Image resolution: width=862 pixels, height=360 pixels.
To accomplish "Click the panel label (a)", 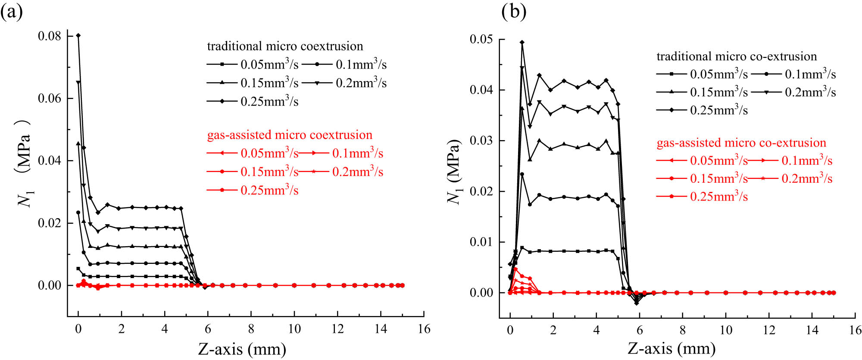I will click(12, 12).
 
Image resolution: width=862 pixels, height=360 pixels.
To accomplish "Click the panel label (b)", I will click(514, 12).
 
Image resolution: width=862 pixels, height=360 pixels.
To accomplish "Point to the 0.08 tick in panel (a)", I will click(49, 36).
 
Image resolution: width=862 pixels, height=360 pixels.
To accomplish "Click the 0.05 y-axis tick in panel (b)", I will click(481, 39).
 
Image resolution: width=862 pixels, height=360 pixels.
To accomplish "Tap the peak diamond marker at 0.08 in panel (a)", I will click(78, 35).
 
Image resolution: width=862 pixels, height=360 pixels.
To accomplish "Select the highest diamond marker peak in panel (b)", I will click(522, 42).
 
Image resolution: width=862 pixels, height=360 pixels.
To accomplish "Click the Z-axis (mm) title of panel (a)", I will click(242, 349).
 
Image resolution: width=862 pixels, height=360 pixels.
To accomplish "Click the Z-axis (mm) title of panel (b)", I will click(671, 348).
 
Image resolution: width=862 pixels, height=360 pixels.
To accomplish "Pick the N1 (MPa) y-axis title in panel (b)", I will click(453, 171).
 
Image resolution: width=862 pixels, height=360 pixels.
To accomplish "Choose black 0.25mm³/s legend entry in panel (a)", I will click(253, 102).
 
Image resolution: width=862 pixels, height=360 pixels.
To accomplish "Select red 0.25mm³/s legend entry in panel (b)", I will click(703, 197).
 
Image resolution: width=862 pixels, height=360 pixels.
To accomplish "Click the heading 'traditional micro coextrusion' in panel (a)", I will click(285, 46).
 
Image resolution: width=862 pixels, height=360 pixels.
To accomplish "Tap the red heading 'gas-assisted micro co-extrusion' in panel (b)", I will click(741, 143).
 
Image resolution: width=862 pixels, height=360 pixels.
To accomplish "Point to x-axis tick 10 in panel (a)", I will click(294, 329).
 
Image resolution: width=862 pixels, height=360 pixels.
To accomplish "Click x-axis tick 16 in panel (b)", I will click(855, 330).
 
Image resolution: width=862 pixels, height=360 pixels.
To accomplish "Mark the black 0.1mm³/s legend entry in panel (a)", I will click(344, 65).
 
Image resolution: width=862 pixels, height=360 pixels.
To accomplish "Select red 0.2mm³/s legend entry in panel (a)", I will click(341, 172).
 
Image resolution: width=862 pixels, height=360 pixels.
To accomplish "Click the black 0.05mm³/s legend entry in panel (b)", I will click(703, 74).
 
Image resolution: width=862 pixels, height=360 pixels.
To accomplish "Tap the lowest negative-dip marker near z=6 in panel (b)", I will click(637, 303).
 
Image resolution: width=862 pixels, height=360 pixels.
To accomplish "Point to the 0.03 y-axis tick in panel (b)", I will click(481, 141).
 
